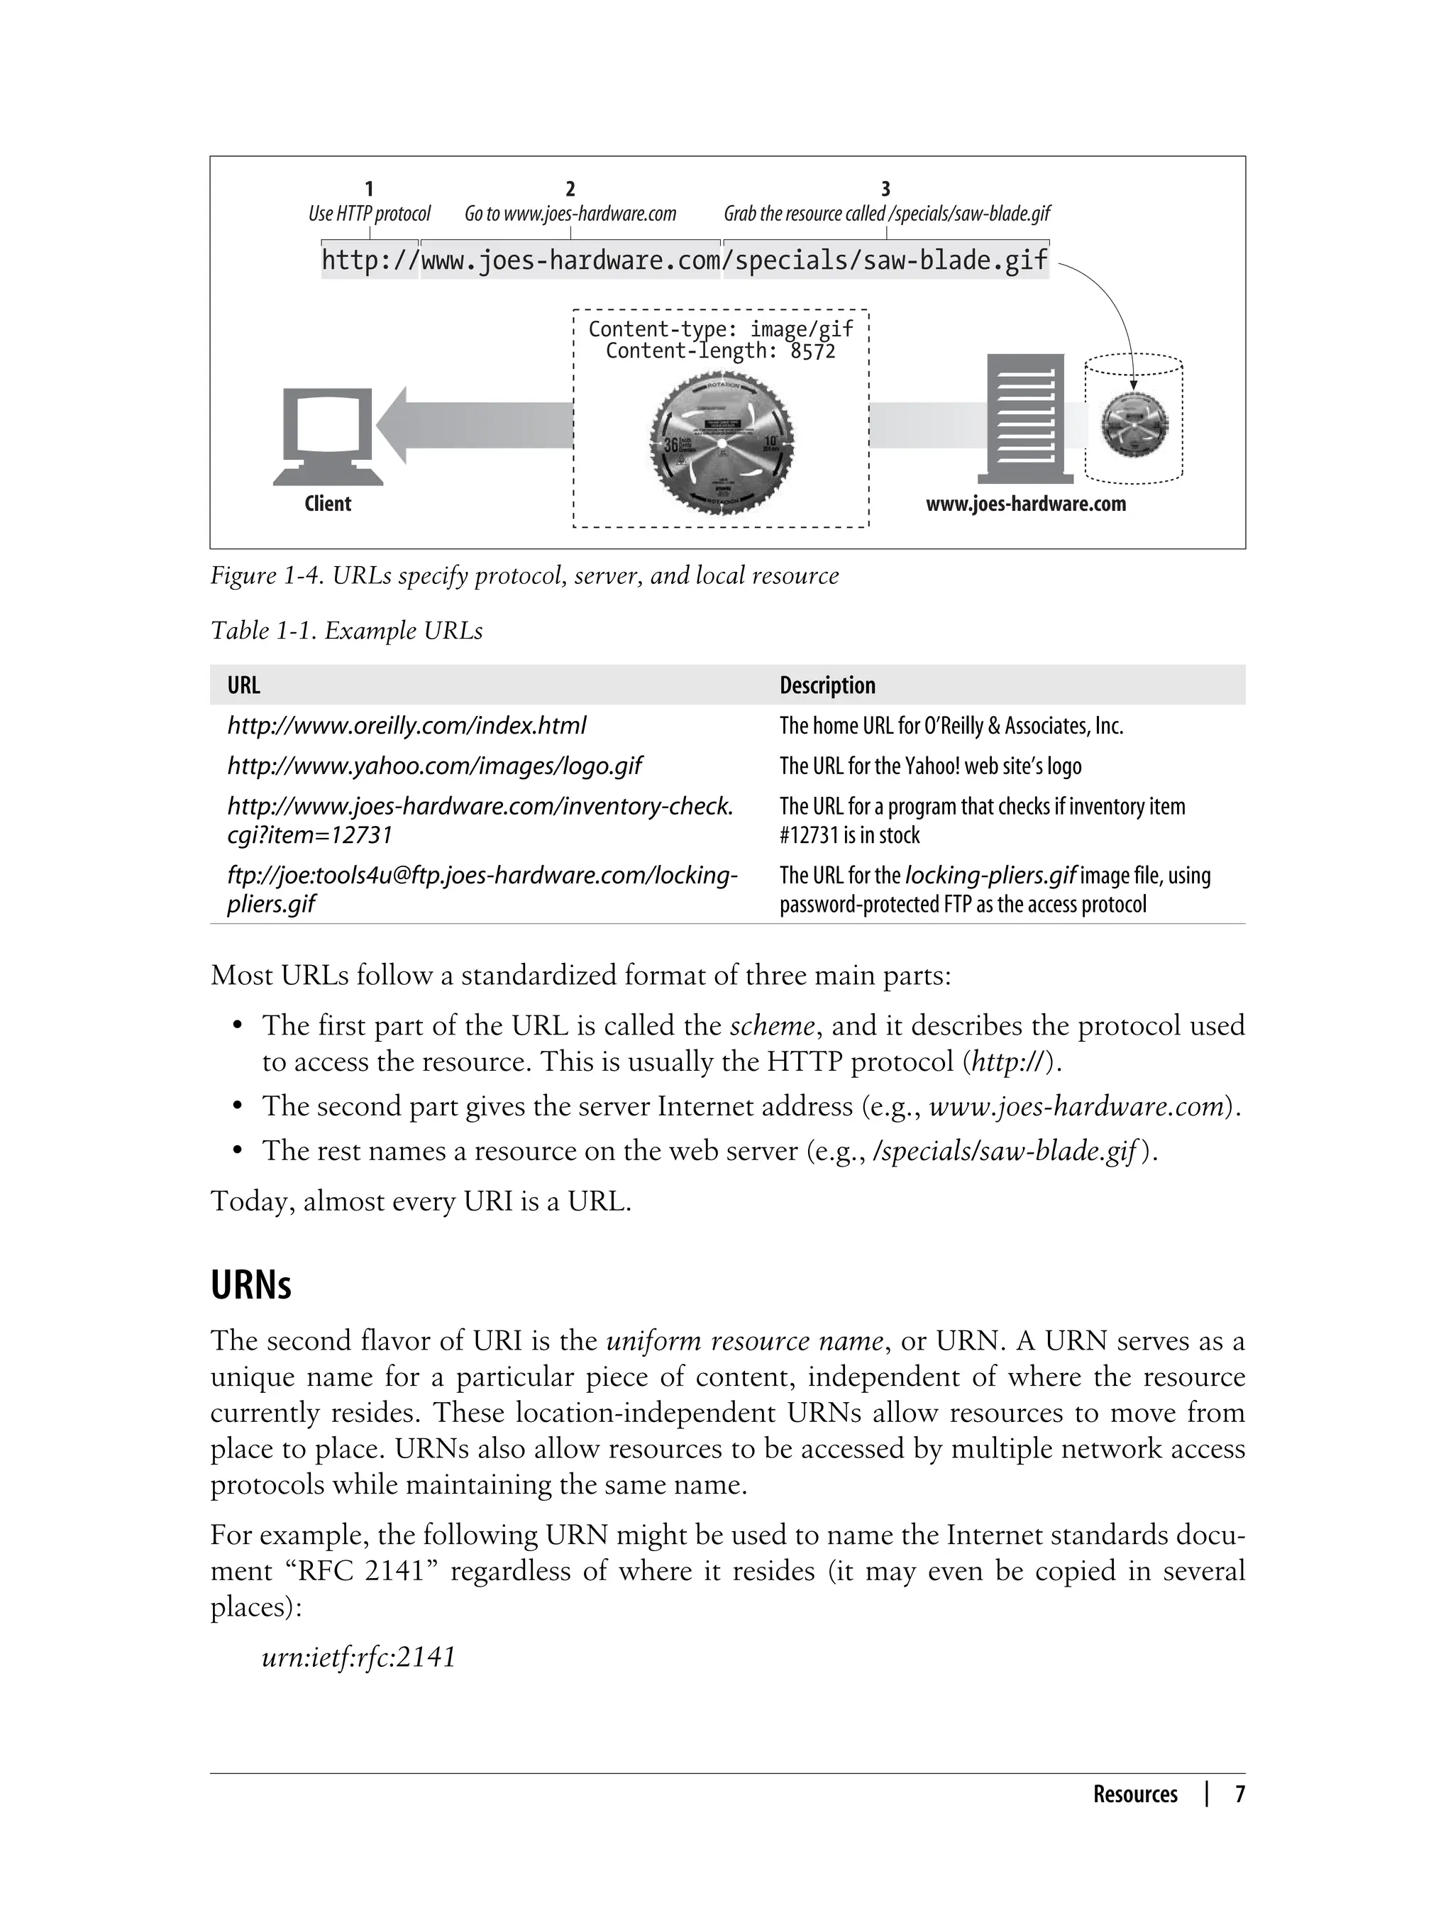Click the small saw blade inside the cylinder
tap(1133, 424)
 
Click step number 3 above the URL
tap(885, 189)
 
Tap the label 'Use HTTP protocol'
tap(370, 214)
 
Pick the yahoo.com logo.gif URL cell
tap(434, 766)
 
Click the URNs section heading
tap(251, 1285)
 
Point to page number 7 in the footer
tap(1239, 1794)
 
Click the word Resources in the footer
tap(1134, 1794)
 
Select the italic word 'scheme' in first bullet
tap(771, 1026)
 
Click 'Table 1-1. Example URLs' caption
tap(346, 632)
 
